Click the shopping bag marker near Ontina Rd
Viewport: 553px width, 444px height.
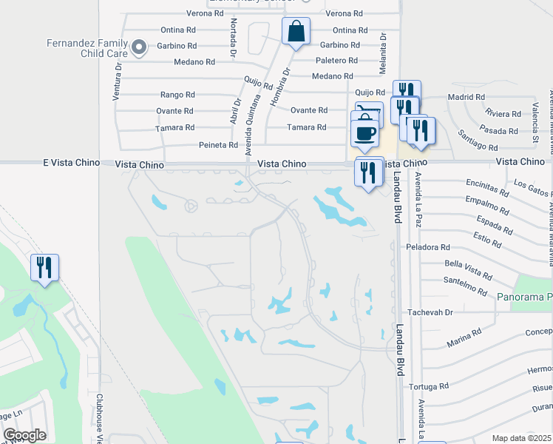[x=296, y=32]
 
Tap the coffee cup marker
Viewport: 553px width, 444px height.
[x=364, y=134]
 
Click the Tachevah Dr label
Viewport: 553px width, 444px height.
[x=428, y=313]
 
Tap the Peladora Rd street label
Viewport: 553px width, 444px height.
[x=427, y=246]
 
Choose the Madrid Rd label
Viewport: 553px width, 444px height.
[x=466, y=97]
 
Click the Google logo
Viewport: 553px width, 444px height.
[x=24, y=434]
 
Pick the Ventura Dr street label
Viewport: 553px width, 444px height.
[x=118, y=77]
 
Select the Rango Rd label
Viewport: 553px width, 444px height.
[x=177, y=95]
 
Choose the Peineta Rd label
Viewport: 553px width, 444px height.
[x=218, y=145]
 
